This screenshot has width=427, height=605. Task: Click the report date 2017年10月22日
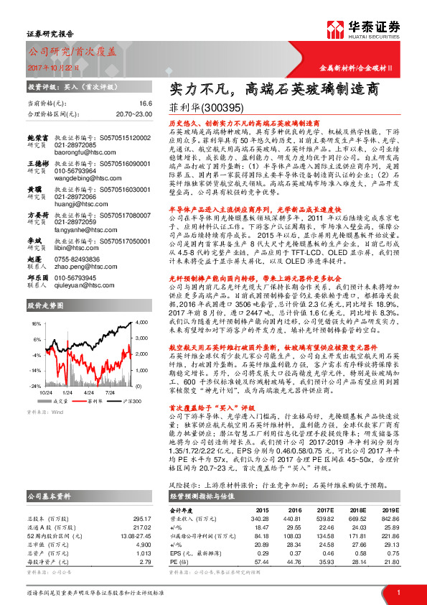pyautogui.click(x=52, y=67)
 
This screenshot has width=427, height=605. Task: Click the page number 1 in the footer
pyautogui.click(x=397, y=591)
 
